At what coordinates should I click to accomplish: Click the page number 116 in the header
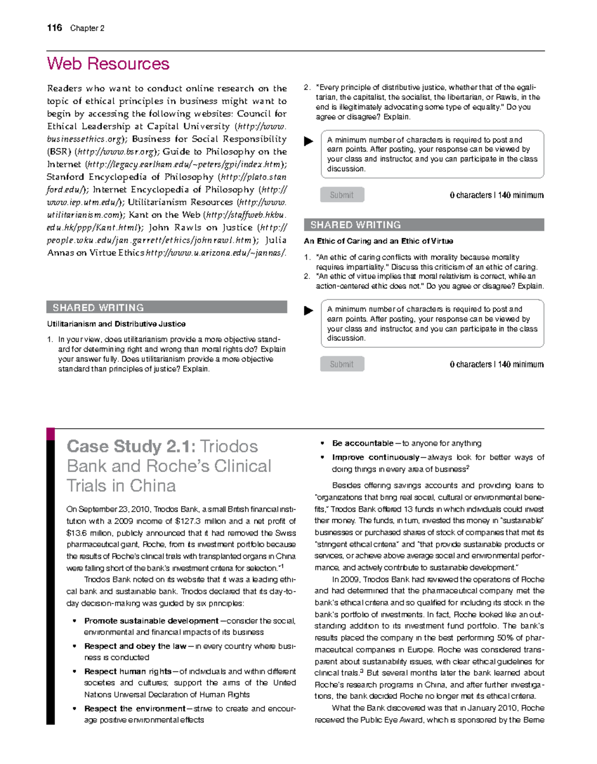point(54,28)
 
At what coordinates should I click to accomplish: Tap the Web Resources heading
point(108,64)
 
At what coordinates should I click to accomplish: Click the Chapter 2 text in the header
point(87,28)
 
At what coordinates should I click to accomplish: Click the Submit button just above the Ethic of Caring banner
point(342,195)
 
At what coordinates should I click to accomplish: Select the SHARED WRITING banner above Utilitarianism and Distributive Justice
point(167,307)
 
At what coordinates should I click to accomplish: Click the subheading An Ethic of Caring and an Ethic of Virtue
point(378,241)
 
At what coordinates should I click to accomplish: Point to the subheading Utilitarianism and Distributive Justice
point(116,324)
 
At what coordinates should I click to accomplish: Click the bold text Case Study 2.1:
point(131,446)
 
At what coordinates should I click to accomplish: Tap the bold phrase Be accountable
point(363,443)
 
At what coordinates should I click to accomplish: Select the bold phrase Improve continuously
point(376,457)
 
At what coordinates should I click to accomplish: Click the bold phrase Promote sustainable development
point(151,621)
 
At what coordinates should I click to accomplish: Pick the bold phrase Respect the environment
point(134,708)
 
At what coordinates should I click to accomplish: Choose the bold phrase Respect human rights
point(127,671)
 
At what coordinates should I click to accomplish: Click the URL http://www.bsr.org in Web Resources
point(115,152)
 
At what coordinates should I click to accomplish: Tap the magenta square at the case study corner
point(50,434)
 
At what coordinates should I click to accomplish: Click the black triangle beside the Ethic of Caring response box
point(308,310)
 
